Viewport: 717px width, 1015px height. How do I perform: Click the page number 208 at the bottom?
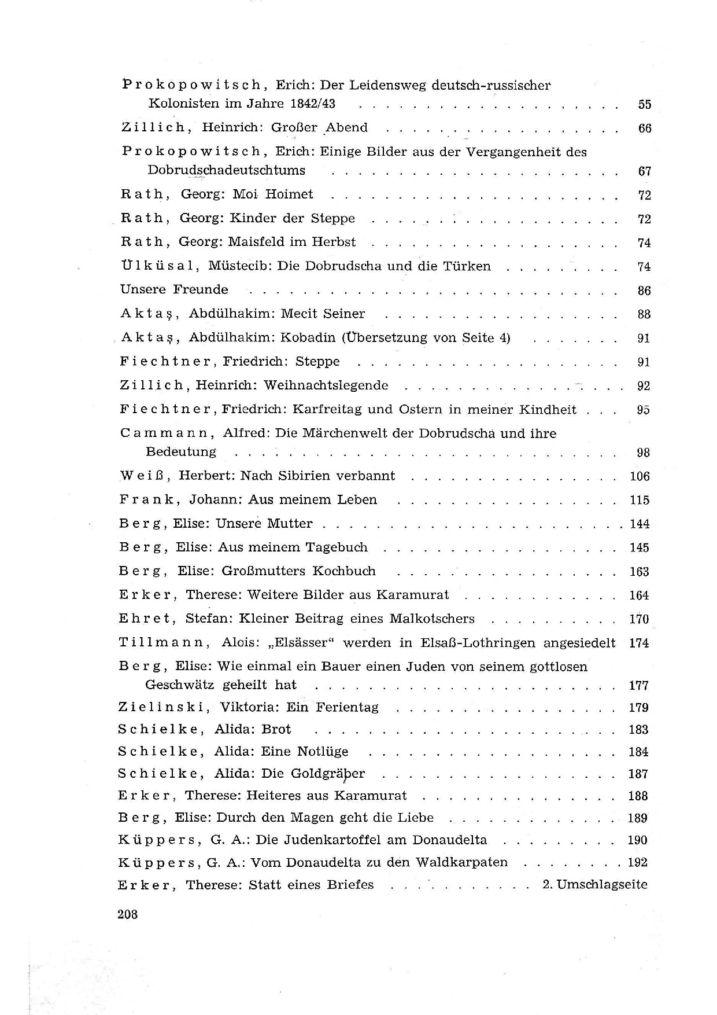tap(127, 915)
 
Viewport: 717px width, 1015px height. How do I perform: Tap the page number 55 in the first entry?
tap(645, 105)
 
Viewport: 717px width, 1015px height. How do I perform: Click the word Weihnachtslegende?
tap(326, 385)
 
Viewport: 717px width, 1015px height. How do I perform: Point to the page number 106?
tap(640, 476)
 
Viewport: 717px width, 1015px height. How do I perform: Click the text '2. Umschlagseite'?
tap(595, 884)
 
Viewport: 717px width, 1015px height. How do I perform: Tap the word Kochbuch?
tap(344, 571)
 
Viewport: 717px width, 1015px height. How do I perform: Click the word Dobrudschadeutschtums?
tap(227, 170)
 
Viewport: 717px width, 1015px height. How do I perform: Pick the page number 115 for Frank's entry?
tap(640, 500)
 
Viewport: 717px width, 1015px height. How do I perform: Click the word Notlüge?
tap(323, 752)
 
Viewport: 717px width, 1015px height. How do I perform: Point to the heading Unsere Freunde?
tap(174, 289)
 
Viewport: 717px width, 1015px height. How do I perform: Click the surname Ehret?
tap(147, 619)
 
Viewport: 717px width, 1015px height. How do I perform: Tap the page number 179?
tap(639, 708)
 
